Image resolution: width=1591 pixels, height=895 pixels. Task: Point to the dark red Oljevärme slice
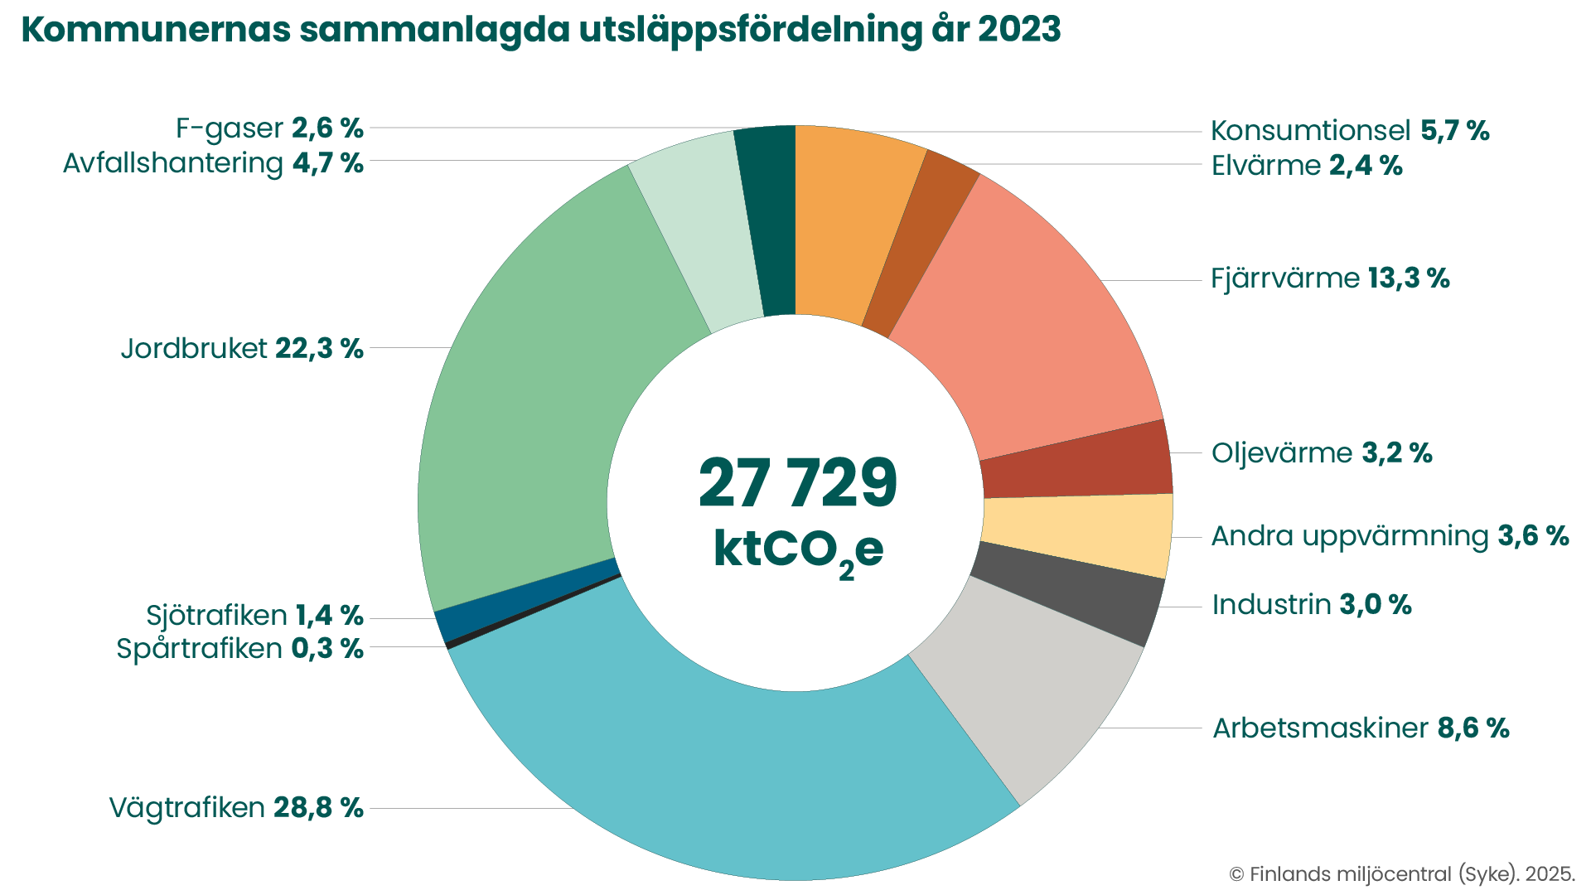(1077, 464)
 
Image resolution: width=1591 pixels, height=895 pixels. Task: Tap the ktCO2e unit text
(797, 549)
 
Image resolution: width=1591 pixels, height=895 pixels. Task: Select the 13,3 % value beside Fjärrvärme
(1409, 278)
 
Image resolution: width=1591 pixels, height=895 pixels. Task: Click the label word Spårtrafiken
(200, 649)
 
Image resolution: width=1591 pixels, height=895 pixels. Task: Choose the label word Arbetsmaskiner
(1320, 728)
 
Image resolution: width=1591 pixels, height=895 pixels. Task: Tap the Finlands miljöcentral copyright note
(1402, 874)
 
